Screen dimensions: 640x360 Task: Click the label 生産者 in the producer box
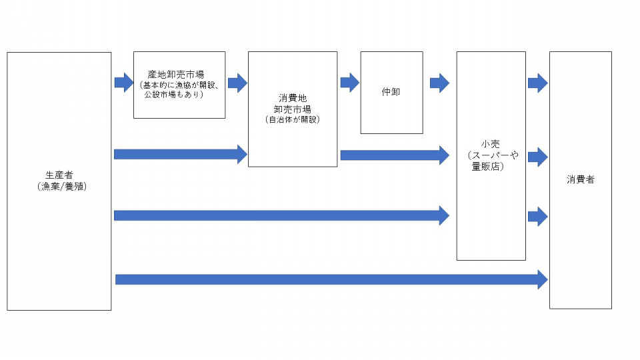coord(59,175)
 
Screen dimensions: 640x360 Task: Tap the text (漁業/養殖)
coord(61,187)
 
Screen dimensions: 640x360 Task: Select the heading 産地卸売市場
coord(176,75)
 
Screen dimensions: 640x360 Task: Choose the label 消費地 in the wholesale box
coord(293,99)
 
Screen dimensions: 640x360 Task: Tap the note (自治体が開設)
coord(292,119)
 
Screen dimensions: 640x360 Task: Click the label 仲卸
coord(391,92)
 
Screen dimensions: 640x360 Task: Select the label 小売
coord(491,144)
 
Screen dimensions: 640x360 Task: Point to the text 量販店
coord(486,166)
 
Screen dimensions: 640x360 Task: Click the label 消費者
coord(581,179)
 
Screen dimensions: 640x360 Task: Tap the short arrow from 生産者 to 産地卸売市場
coord(124,83)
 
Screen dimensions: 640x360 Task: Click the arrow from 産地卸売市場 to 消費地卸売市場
coord(237,83)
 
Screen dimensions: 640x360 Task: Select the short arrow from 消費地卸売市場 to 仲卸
coord(350,83)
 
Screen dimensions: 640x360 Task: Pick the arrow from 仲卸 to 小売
coord(439,83)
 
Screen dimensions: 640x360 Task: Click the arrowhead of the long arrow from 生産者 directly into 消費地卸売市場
coord(243,154)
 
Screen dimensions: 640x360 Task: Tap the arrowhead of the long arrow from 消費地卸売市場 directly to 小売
coord(445,155)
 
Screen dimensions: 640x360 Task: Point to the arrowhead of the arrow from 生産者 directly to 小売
coord(445,215)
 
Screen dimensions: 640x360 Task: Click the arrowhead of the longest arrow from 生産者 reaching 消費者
coord(543,279)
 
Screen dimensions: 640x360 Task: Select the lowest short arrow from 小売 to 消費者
coord(537,216)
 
